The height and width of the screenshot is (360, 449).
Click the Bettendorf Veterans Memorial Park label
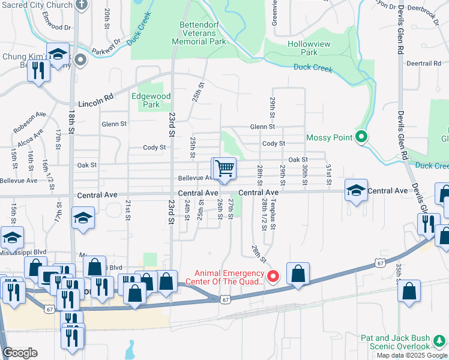click(x=199, y=34)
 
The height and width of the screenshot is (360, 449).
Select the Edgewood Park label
click(x=151, y=100)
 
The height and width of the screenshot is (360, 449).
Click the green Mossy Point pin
click(x=361, y=137)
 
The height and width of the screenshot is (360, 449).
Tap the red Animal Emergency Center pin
click(x=273, y=277)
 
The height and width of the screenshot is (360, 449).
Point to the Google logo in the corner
click(x=20, y=353)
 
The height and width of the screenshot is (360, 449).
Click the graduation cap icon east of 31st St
click(x=356, y=191)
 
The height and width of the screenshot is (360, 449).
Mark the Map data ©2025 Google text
click(x=412, y=355)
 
